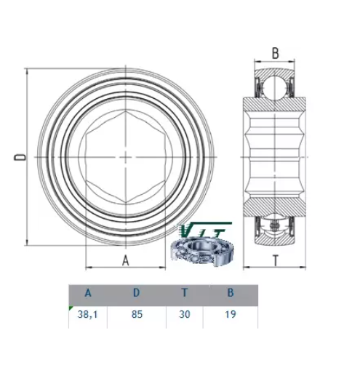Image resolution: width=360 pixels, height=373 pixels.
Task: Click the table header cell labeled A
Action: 88,293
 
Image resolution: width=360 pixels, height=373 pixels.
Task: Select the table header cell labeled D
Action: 137,293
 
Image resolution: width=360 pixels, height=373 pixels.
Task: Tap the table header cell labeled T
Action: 185,293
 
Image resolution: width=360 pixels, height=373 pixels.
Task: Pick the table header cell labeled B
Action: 231,293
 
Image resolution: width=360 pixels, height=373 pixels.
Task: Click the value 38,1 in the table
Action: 87,315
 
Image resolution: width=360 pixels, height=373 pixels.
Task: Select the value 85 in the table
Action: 137,314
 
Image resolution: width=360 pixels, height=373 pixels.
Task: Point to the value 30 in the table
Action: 185,314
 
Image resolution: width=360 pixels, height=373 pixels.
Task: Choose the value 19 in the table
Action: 231,314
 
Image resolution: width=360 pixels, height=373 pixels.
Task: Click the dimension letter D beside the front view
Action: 20,157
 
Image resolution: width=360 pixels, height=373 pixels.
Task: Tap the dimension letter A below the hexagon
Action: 125,260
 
